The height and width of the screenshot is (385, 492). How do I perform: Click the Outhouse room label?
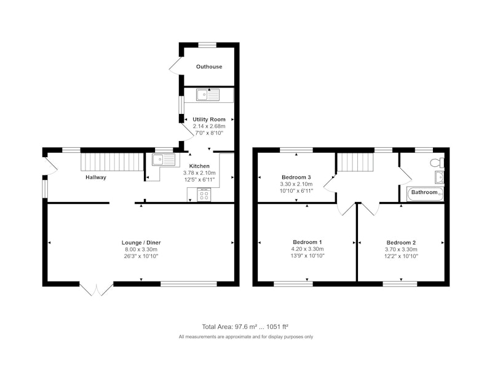[209, 67]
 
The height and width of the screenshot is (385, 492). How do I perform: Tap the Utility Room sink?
[208, 95]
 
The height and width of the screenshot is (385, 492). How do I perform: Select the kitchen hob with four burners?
[204, 195]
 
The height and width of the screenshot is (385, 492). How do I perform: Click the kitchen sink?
[164, 160]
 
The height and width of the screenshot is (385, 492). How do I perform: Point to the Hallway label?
[96, 177]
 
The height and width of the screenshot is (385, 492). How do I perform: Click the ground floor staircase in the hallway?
[112, 161]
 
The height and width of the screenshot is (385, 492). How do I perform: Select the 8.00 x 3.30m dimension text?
[141, 249]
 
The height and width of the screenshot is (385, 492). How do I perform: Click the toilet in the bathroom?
[438, 163]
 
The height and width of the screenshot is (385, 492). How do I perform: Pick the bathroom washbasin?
[440, 177]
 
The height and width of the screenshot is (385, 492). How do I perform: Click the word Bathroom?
[424, 192]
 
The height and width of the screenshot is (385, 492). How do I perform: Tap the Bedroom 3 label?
[296, 177]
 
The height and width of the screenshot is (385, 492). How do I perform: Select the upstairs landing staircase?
[355, 162]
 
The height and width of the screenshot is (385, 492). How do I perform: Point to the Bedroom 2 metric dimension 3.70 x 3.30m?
[402, 249]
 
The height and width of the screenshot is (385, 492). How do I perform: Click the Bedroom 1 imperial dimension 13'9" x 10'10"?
[307, 256]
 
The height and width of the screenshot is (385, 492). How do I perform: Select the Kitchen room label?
[199, 166]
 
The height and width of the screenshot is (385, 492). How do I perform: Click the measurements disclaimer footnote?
[246, 337]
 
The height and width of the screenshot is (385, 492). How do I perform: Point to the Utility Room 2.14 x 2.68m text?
[209, 126]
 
